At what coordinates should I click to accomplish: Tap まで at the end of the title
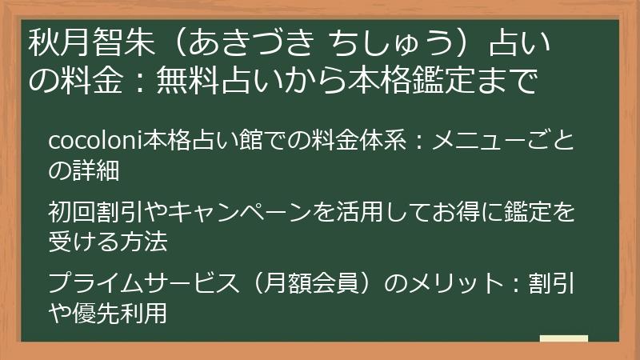click(x=508, y=81)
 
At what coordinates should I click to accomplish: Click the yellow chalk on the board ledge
click(x=563, y=338)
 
